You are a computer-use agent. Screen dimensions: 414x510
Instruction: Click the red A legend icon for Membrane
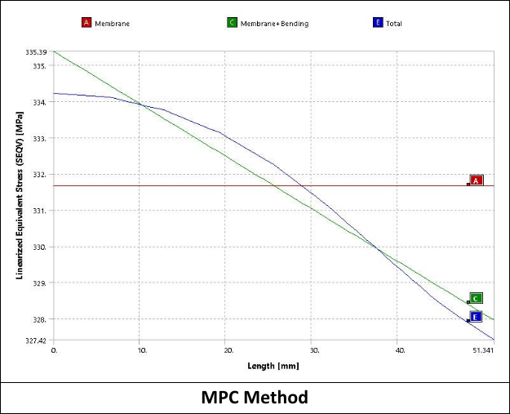tap(86, 23)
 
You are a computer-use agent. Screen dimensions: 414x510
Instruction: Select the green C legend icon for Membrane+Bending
tap(233, 23)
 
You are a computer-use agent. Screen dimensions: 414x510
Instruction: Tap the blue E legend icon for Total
tap(377, 23)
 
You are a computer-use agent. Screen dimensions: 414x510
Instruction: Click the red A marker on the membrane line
tap(477, 180)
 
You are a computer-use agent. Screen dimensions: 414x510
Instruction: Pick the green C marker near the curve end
tap(477, 298)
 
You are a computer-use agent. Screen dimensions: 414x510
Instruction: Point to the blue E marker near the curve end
tap(476, 317)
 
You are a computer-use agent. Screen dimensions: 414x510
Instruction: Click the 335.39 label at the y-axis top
tap(37, 51)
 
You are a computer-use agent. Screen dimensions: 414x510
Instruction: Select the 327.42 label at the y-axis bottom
tap(37, 340)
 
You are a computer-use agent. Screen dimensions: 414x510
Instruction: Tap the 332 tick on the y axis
tap(40, 175)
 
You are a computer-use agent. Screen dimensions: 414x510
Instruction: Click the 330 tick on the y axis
tap(40, 247)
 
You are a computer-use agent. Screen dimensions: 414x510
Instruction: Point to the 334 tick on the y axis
tap(40, 103)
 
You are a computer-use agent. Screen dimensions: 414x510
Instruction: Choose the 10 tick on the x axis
tap(141, 349)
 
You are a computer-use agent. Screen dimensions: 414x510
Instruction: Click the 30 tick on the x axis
tap(313, 349)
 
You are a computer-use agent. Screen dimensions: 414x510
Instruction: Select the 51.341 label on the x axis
tap(483, 349)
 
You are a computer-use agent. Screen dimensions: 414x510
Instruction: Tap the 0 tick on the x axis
tap(55, 349)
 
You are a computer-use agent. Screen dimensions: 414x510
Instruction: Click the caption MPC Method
tap(255, 398)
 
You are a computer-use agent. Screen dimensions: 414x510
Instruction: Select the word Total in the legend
tap(393, 23)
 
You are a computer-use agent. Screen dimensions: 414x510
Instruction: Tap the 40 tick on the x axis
tap(400, 349)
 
